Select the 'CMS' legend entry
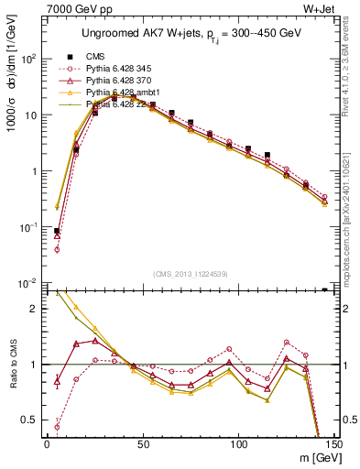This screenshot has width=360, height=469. pos(94,57)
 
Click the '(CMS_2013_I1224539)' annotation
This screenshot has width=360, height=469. pos(191,272)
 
